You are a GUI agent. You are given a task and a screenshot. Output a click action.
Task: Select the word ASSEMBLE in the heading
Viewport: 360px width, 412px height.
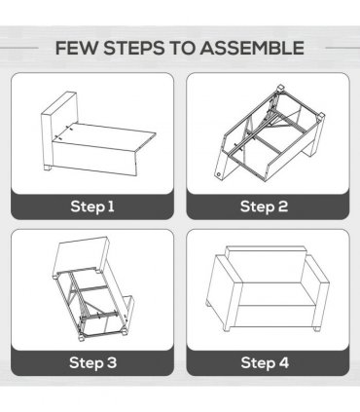(x=252, y=48)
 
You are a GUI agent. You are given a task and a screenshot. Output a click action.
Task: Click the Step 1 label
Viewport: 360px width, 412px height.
(x=92, y=206)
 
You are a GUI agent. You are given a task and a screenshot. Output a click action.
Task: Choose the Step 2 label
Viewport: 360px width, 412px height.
(x=264, y=206)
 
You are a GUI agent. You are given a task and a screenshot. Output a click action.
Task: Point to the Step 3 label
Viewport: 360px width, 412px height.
(x=92, y=362)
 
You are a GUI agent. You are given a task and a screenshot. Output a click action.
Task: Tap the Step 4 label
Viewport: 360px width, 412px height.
(x=265, y=362)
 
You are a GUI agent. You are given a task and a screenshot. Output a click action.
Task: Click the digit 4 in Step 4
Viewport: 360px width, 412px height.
(x=284, y=362)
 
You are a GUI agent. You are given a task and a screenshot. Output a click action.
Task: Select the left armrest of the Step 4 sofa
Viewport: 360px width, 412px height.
(x=225, y=290)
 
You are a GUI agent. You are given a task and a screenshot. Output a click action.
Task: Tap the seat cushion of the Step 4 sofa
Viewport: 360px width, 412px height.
(x=275, y=294)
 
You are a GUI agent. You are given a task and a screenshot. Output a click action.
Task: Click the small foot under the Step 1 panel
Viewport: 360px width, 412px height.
(x=48, y=169)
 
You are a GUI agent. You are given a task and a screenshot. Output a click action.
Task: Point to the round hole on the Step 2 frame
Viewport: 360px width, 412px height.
(x=219, y=174)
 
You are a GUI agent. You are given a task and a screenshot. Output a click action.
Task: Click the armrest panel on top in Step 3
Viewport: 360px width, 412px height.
(x=81, y=255)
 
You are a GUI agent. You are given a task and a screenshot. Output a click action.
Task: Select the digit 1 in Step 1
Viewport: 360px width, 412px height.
(x=111, y=206)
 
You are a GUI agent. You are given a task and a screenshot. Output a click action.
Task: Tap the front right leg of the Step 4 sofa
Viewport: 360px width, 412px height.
(x=316, y=328)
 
